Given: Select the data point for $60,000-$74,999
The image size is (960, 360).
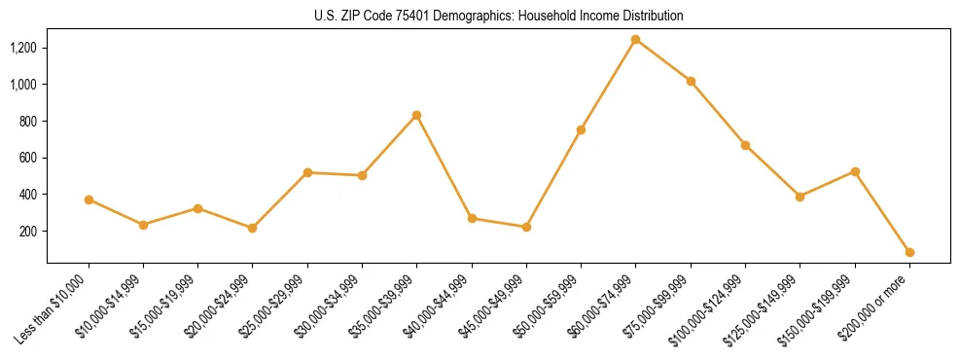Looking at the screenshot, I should tap(635, 40).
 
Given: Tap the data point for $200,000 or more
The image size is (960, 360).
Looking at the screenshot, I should tap(909, 252).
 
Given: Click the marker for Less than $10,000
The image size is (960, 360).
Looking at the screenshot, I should tap(89, 199).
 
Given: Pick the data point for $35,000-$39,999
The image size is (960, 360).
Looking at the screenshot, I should tap(417, 115).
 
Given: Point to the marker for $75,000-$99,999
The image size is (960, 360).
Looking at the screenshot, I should tap(691, 81).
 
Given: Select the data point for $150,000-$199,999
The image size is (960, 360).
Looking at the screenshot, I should tap(855, 171).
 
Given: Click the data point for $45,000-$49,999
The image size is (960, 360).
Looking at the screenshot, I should tap(526, 227).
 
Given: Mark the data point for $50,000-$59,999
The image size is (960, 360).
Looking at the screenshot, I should tap(581, 129).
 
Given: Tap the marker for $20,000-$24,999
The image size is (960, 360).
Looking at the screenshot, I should tap(253, 228).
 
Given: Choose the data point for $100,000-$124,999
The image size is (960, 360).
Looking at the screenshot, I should tap(745, 145).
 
